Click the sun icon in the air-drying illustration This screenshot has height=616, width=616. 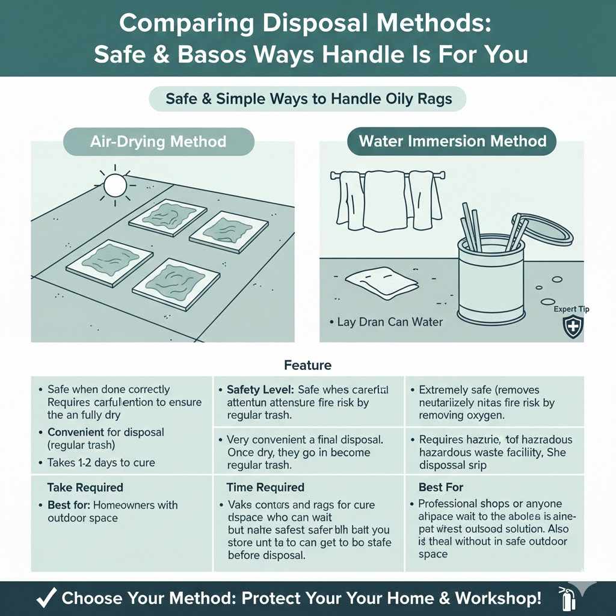[114, 185]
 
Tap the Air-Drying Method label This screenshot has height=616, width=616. [158, 142]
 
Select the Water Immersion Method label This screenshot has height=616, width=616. [452, 141]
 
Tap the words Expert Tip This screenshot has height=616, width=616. [571, 309]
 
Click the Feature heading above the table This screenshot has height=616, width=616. [307, 365]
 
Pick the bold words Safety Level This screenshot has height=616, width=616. [260, 390]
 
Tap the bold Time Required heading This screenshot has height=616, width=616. [265, 487]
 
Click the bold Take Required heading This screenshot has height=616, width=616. [85, 487]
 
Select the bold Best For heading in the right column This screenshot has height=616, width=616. [441, 487]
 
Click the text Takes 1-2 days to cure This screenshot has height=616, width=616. [100, 463]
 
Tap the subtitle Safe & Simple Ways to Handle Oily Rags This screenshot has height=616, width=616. [307, 99]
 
